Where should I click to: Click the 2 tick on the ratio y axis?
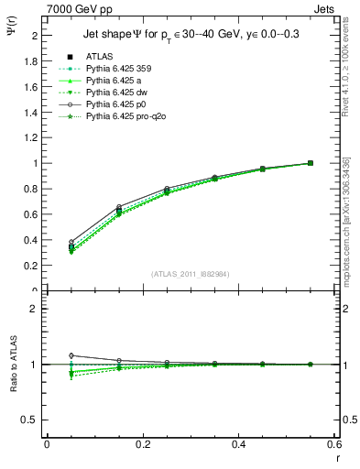click(x=34, y=309)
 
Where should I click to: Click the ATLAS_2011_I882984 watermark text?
click(x=190, y=274)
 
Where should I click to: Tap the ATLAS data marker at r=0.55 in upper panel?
click(x=311, y=163)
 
